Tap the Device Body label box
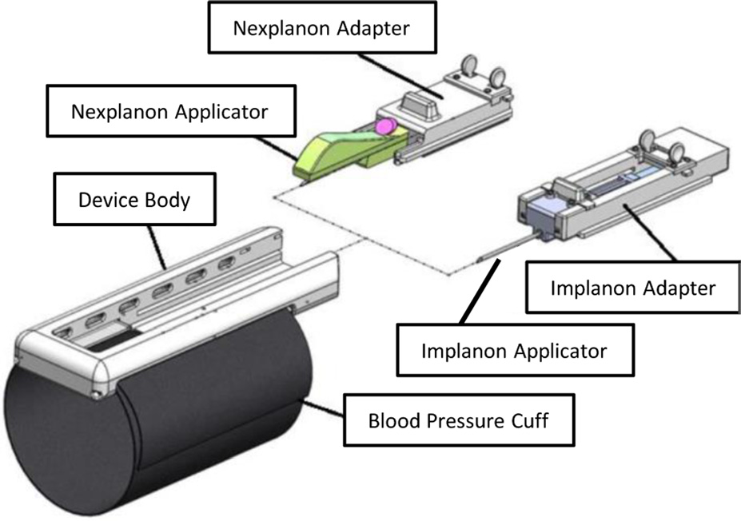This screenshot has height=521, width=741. (x=133, y=199)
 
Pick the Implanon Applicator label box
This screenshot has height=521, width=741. (x=514, y=350)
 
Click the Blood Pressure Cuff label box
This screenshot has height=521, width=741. (x=458, y=419)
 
